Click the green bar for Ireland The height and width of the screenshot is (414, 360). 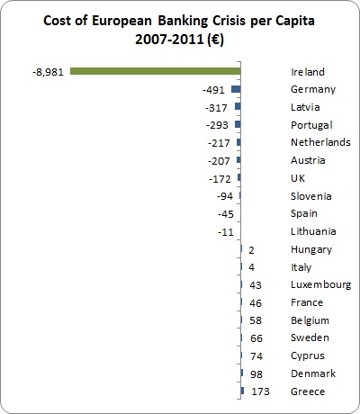[x=156, y=71]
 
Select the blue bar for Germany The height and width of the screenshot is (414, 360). [x=236, y=89]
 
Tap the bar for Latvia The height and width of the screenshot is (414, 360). [x=238, y=106]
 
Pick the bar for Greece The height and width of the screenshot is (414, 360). [x=242, y=391]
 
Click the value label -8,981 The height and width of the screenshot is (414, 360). [x=49, y=72]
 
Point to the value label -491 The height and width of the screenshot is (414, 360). [x=213, y=90]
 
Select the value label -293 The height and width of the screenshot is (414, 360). [x=217, y=125]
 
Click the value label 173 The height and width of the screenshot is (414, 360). [x=260, y=391]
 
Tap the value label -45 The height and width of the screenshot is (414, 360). [x=226, y=214]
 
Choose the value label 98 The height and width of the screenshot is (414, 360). [x=256, y=374]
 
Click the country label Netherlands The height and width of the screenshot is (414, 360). [x=320, y=142]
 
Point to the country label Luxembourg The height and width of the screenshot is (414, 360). [x=320, y=285]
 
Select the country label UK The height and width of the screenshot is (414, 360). [x=298, y=178]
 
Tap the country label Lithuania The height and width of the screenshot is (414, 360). [x=313, y=231]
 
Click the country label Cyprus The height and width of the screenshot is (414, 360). [x=308, y=356]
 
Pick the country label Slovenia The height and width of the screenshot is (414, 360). [x=311, y=196]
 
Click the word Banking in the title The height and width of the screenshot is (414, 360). [x=183, y=21]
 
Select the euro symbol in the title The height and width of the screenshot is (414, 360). [x=215, y=40]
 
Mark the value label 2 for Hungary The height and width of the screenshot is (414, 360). [x=251, y=250]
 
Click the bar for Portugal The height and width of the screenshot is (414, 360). [x=238, y=124]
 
